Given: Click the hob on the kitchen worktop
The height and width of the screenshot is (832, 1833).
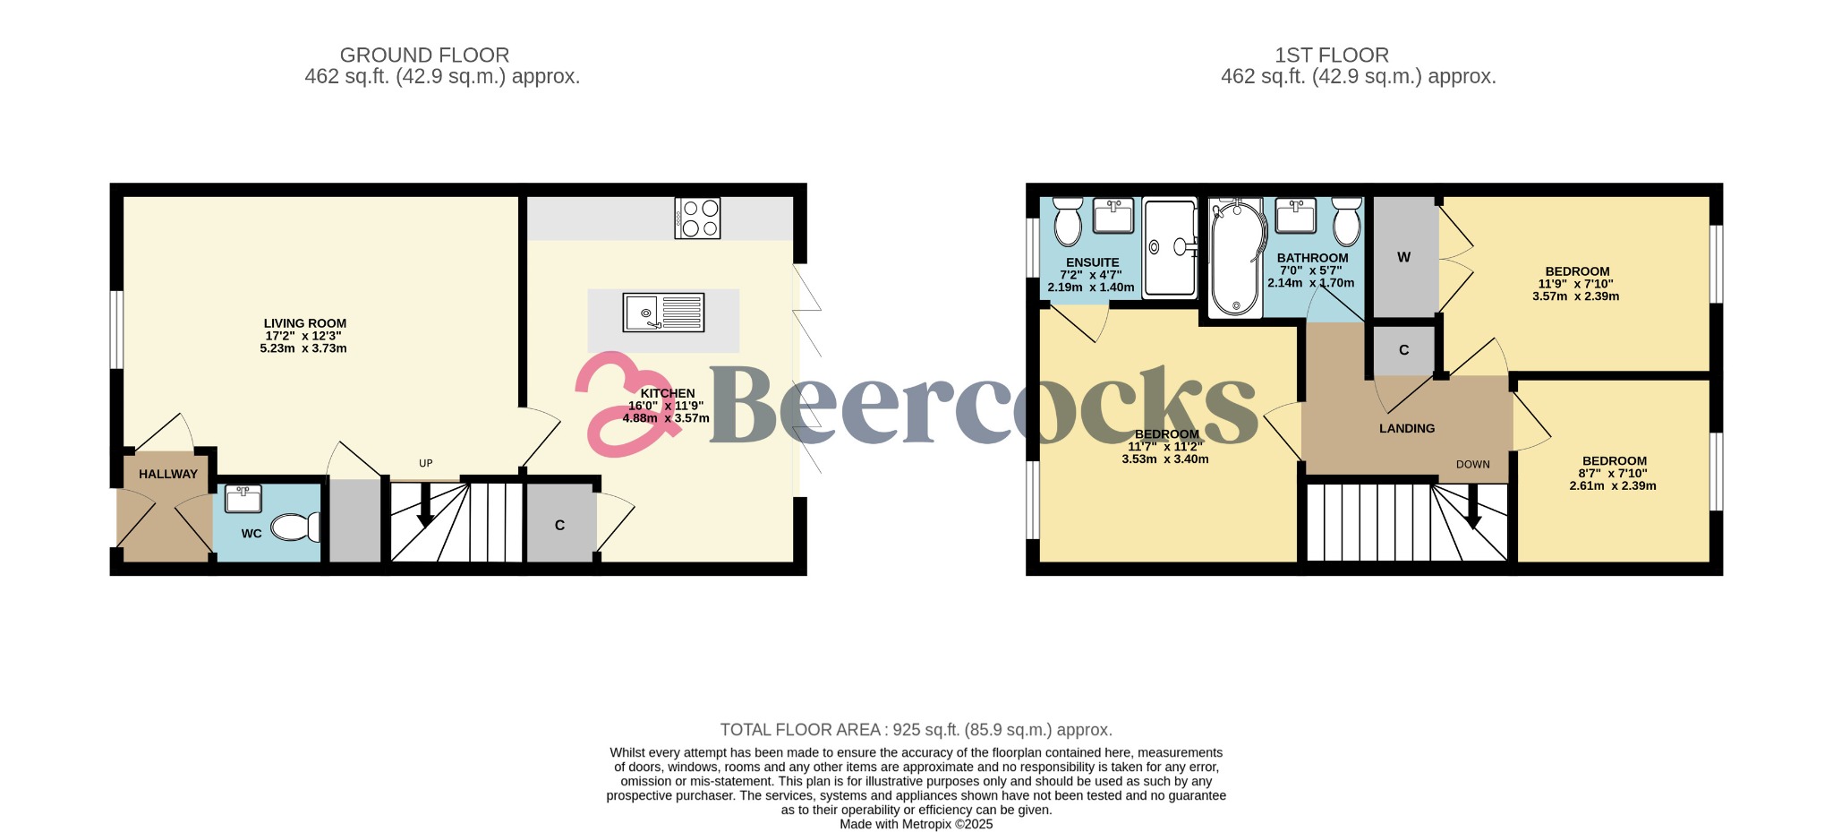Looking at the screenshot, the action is click(697, 218).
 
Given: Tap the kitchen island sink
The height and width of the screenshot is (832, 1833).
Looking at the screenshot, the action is click(664, 313).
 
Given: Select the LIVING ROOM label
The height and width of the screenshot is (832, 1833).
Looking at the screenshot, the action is click(304, 323).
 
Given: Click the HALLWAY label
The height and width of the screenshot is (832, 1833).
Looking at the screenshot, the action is click(168, 474).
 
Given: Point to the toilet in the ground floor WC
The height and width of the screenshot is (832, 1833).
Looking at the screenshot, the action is click(295, 527).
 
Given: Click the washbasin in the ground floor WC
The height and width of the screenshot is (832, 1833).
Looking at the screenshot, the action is click(242, 499).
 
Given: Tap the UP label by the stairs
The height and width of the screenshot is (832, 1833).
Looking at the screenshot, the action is click(426, 463).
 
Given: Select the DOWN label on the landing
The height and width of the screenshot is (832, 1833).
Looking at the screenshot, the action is click(1473, 464).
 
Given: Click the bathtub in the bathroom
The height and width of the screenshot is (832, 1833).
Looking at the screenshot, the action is click(1236, 258).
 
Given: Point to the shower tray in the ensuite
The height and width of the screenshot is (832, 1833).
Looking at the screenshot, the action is click(1169, 247).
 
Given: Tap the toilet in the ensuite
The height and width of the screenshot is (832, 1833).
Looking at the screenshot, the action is click(1068, 221).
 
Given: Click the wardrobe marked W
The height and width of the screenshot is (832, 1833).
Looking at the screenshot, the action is click(1404, 258).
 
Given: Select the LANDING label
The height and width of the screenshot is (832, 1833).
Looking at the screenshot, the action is click(1407, 428).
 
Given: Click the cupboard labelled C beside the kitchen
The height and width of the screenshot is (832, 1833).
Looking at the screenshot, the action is click(560, 524).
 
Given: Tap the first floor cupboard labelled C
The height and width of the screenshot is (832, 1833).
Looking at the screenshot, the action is click(1404, 350).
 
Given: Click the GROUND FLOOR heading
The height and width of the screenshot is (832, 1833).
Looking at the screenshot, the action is click(424, 56).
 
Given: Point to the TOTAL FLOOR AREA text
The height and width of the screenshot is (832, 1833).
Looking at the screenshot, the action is click(916, 730).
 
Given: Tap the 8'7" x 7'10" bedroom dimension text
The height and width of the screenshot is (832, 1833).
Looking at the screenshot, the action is click(1613, 473).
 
